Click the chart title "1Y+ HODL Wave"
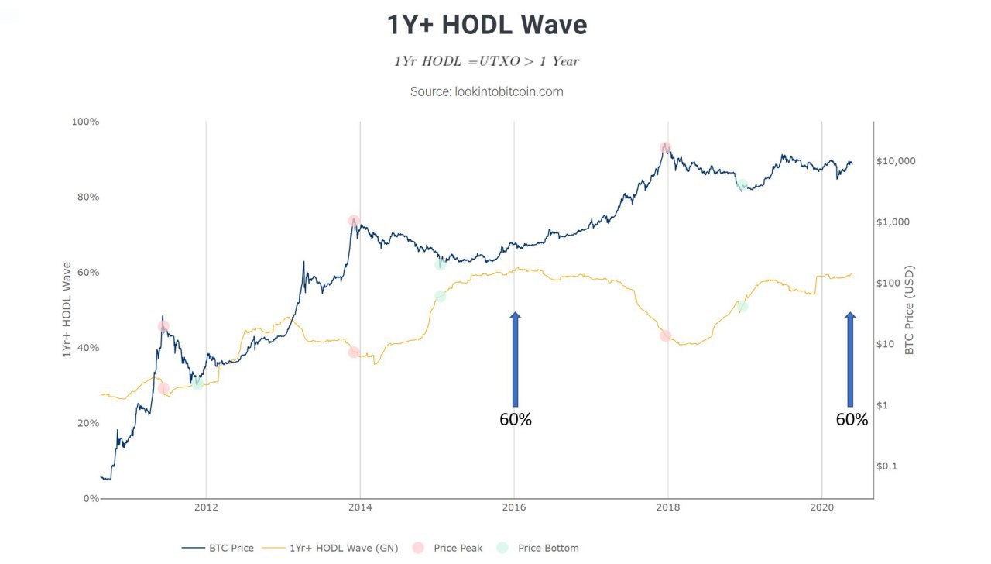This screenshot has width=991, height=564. (487, 25)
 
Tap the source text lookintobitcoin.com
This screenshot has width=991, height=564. (487, 91)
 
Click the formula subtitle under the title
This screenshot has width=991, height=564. (487, 60)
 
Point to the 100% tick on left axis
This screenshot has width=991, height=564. (85, 122)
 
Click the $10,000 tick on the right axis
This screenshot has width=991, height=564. (896, 161)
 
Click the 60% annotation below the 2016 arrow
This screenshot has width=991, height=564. (516, 420)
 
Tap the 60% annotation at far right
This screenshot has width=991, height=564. (852, 420)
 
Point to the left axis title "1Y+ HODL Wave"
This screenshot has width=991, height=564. (67, 310)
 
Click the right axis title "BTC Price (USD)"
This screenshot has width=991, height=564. (910, 310)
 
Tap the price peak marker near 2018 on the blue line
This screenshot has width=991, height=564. (665, 147)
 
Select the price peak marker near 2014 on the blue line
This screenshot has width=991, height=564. (354, 221)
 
